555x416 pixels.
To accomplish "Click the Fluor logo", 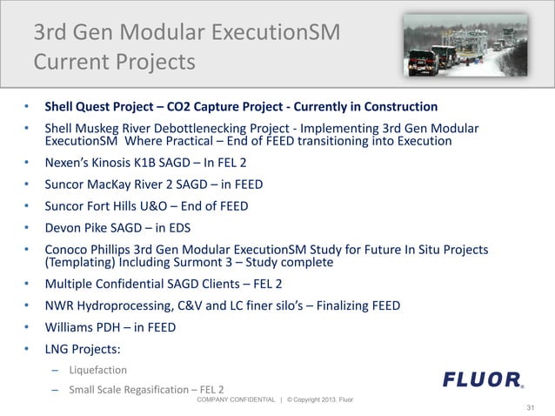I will [x=483, y=379].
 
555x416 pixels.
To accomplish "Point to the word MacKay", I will [x=115, y=185].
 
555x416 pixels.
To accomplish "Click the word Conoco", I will [x=68, y=250].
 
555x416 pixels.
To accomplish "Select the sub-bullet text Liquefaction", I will [x=97, y=370].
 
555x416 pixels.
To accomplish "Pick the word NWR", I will [x=60, y=305].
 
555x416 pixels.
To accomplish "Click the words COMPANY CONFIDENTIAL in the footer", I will [x=235, y=399].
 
